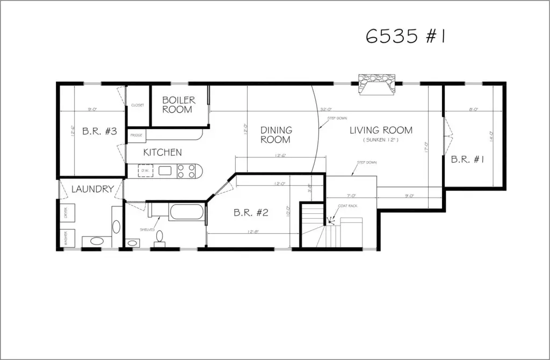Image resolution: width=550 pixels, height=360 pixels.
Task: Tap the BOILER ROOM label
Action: pos(178,105)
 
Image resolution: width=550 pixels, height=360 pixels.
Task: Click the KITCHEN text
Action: pos(162,153)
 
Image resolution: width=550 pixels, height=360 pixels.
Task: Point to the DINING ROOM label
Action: pos(276,135)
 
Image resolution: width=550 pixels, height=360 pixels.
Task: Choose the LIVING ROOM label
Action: pos(381,130)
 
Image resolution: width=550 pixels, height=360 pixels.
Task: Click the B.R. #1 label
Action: pos(468,159)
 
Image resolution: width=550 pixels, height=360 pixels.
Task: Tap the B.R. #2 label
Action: pos(251,212)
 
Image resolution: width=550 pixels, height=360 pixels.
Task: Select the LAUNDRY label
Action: pos(92,189)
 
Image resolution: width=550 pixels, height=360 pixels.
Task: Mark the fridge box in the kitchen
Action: pos(136,135)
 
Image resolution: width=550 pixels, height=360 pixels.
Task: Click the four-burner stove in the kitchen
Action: pos(186,171)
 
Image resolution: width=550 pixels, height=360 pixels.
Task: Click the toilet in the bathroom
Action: pos(160,237)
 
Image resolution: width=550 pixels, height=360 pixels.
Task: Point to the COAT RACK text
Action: pos(344,206)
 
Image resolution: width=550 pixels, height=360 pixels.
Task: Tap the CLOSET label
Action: pos(137,105)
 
